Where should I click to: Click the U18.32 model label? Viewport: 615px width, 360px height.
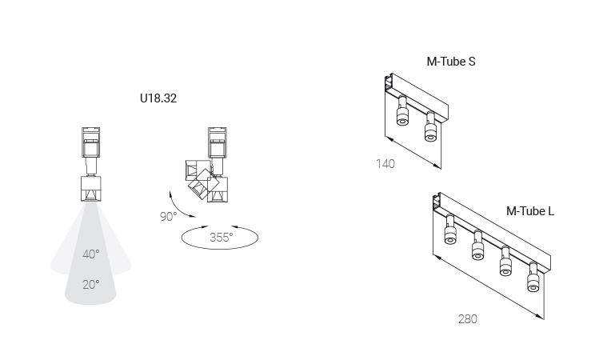click(158, 98)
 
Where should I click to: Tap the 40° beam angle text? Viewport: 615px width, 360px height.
click(91, 254)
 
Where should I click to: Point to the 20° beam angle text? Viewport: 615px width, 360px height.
click(91, 284)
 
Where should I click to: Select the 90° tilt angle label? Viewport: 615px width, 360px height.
click(168, 216)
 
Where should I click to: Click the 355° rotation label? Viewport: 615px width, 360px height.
click(221, 238)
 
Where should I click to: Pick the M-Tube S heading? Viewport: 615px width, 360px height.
click(451, 62)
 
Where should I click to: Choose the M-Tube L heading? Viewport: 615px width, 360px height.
click(530, 211)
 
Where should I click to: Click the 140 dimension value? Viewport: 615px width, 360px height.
click(385, 164)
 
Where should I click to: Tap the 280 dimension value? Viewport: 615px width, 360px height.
click(468, 319)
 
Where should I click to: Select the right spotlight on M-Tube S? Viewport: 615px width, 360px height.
click(430, 128)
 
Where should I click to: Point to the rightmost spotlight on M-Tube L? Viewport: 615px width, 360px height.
click(533, 278)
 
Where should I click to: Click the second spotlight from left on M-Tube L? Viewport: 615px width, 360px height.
click(477, 246)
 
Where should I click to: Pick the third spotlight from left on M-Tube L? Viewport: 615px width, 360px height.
click(505, 262)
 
